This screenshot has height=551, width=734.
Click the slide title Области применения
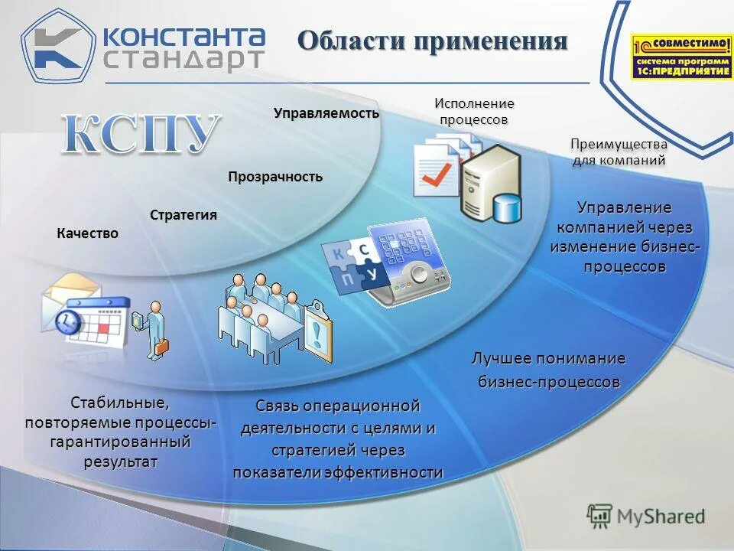[x=432, y=41]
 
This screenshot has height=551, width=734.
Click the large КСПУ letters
[x=141, y=135]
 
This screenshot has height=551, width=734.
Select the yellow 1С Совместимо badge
[x=681, y=56]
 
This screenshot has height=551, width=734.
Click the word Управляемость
[x=326, y=113]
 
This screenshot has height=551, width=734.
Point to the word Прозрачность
[x=275, y=177]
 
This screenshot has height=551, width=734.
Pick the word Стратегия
[x=183, y=215]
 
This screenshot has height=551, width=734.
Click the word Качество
[x=88, y=233]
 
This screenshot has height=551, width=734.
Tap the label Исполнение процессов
[x=474, y=112]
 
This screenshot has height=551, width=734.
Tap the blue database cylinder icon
[x=507, y=207]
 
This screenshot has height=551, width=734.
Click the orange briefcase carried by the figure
[x=162, y=347]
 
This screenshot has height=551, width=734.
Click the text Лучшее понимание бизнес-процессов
[x=548, y=370]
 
